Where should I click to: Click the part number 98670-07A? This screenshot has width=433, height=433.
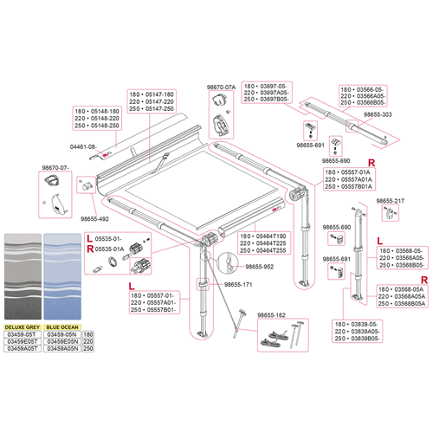[x=223, y=87]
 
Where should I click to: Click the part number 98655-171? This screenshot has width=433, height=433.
[x=234, y=284]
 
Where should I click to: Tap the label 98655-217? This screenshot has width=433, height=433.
[x=390, y=201]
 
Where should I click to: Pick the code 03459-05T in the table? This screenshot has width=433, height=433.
[x=23, y=333]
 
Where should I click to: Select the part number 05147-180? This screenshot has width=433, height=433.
[x=158, y=94]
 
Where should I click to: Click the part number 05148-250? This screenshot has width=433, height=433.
[x=90, y=126]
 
